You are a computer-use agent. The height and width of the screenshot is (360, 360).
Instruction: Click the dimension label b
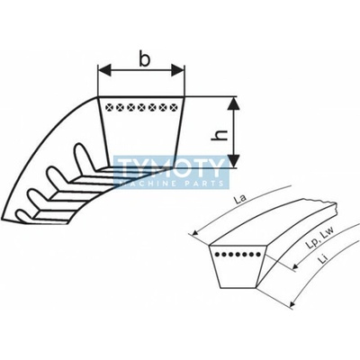[145, 59]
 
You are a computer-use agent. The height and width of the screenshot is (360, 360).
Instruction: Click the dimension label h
[220, 135]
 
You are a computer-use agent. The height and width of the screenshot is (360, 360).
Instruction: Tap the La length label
[240, 199]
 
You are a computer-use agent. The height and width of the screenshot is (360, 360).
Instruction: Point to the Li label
[323, 259]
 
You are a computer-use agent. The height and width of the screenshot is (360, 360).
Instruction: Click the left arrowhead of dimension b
[104, 70]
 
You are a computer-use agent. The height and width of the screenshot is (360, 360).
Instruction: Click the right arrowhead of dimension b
[177, 70]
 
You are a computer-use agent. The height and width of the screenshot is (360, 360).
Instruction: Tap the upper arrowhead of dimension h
[234, 103]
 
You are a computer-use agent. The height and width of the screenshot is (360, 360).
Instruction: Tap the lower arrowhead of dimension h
[234, 160]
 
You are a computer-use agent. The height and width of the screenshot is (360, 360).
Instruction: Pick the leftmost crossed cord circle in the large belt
[110, 107]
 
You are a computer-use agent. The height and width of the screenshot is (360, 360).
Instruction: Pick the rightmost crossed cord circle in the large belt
[174, 107]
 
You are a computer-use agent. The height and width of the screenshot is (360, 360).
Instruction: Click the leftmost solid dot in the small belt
[216, 255]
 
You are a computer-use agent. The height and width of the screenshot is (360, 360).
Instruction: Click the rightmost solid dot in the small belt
[258, 255]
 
